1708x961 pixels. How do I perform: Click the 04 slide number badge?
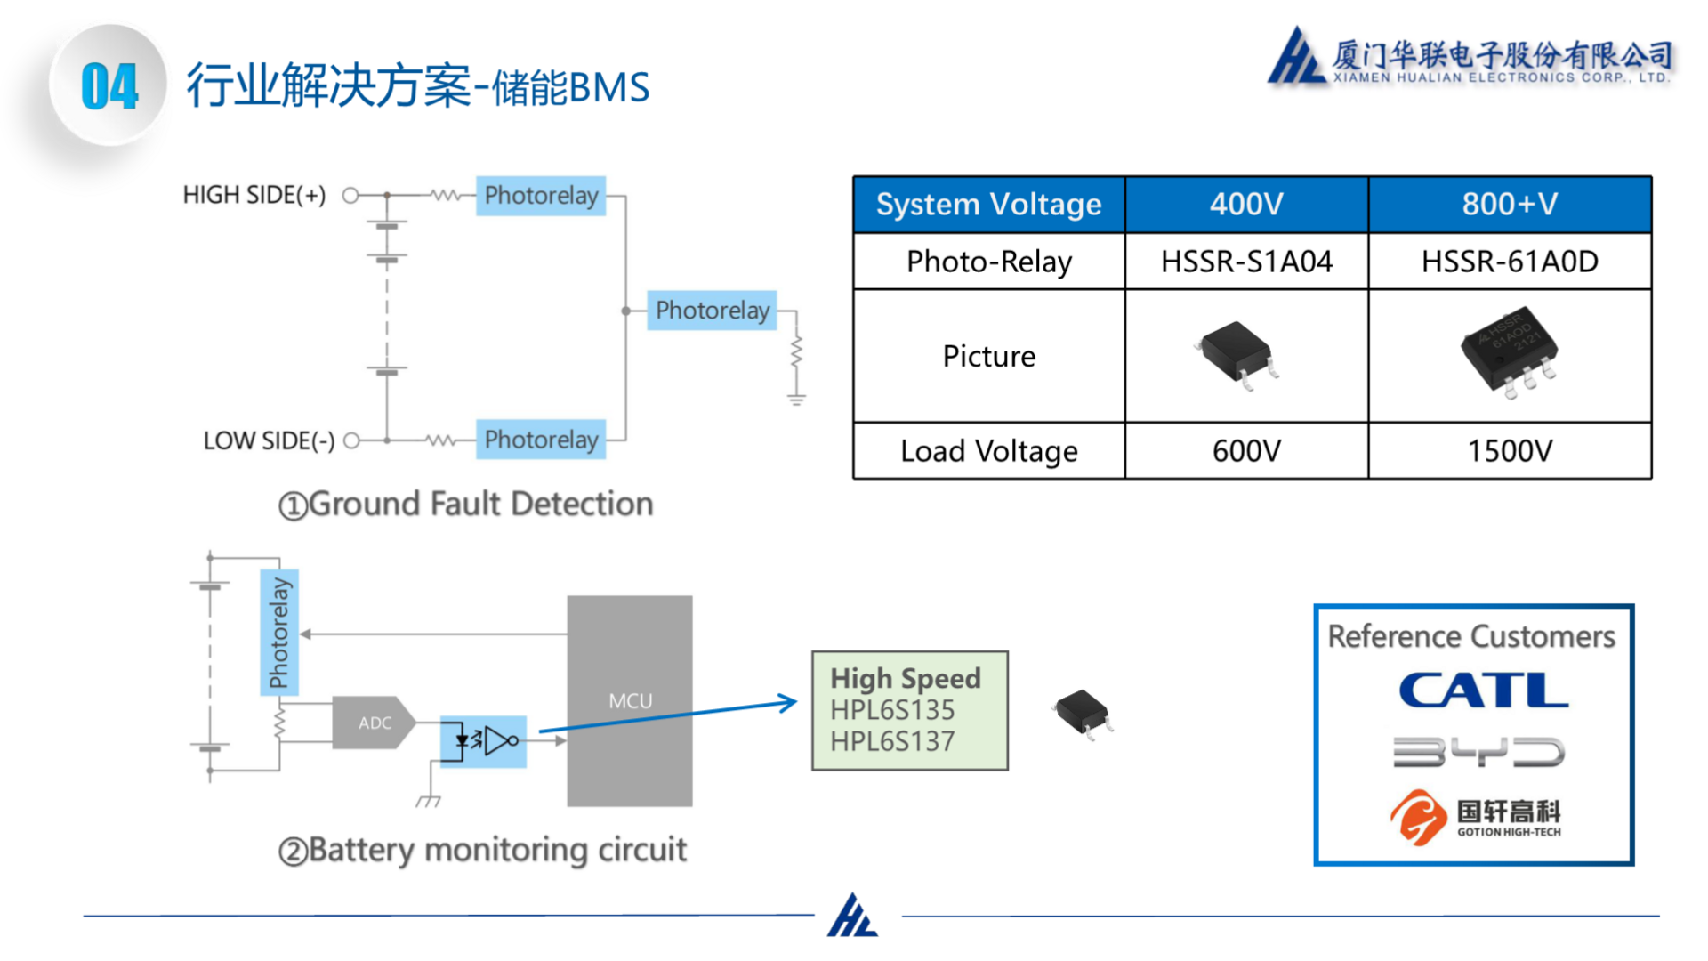[109, 86]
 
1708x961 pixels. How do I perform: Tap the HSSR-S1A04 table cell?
[1246, 262]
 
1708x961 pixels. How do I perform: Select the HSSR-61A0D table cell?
[1510, 262]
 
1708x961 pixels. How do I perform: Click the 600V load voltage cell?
[1246, 451]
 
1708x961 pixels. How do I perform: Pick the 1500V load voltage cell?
[1510, 451]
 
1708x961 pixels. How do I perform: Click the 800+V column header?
[1510, 205]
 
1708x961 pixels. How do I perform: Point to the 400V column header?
[1246, 205]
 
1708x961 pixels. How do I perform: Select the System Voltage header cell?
[988, 205]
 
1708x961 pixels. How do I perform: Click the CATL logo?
[1483, 690]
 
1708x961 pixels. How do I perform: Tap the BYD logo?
[1478, 752]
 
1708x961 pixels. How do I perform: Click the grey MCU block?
[630, 701]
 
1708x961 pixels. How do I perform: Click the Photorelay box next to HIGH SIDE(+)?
[541, 196]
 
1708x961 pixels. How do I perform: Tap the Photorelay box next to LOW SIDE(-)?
[541, 440]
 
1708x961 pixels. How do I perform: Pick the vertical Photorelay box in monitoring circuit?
[279, 632]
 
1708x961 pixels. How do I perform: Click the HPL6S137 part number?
[892, 741]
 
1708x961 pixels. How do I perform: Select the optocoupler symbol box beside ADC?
[483, 740]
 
